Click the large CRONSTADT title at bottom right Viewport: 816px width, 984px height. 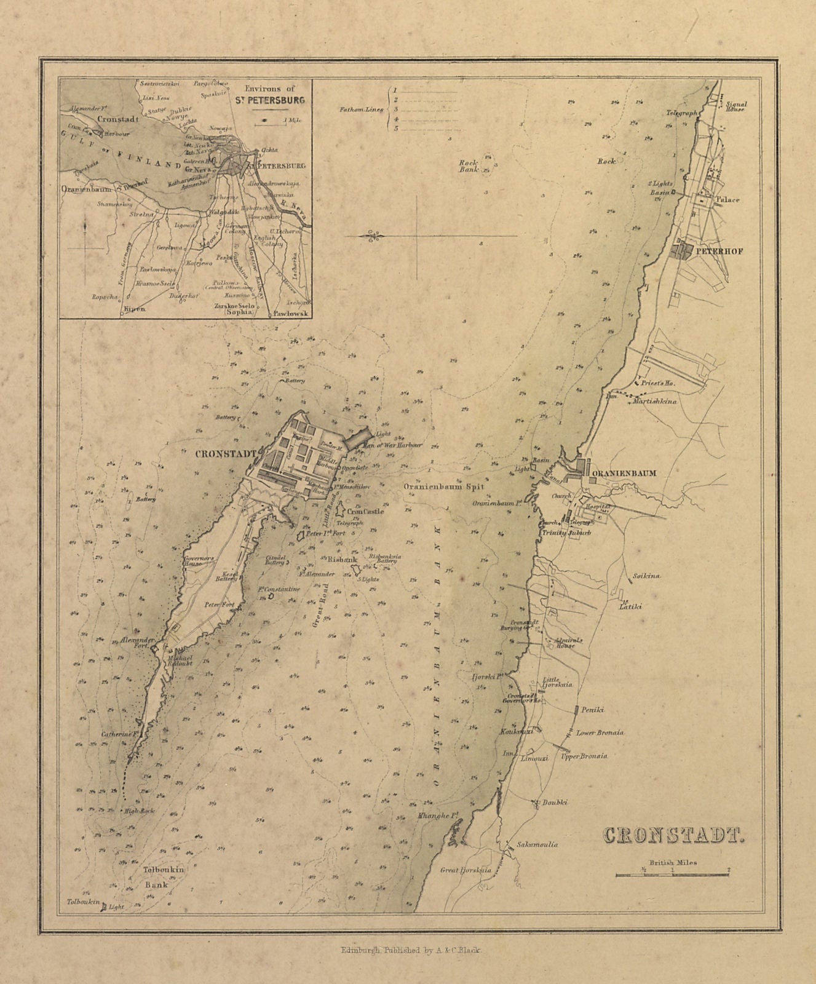[673, 835]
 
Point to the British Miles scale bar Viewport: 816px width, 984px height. [672, 873]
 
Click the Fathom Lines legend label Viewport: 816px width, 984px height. [361, 110]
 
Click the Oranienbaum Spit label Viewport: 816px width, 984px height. [443, 486]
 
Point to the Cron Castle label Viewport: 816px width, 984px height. [365, 511]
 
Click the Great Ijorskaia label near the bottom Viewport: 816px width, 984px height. [465, 870]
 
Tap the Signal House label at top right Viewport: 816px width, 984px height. [735, 106]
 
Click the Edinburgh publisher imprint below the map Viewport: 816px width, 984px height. [413, 950]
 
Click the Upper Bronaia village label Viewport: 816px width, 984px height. [584, 756]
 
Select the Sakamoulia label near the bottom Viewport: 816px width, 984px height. [537, 844]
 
